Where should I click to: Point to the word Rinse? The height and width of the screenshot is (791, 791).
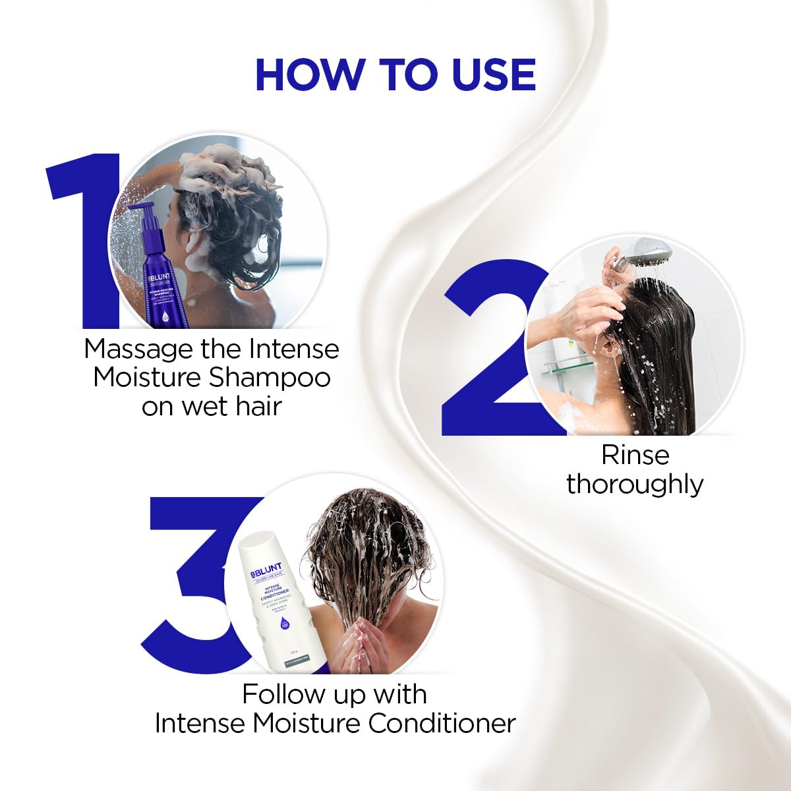[x=635, y=455]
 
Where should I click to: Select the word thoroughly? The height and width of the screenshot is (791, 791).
[x=635, y=484]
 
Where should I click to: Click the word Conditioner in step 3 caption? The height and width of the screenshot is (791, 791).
[x=442, y=724]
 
